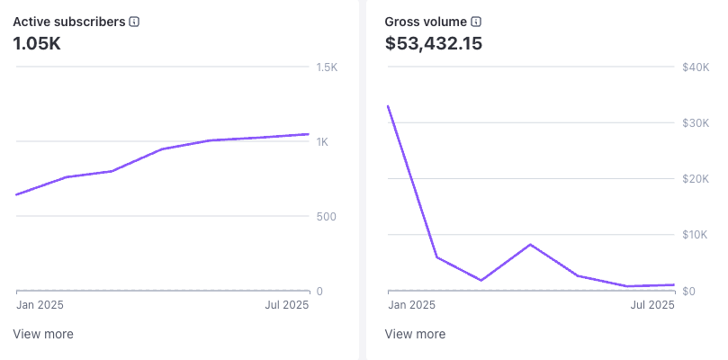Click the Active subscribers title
68,21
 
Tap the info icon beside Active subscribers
134,21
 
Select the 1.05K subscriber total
37,42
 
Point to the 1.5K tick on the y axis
326,67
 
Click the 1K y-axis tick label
322,142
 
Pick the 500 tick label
325,217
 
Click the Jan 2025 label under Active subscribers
40,305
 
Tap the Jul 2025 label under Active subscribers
287,305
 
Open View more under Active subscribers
43,334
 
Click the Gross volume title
426,21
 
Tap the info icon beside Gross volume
477,21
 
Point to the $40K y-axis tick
696,67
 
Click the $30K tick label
696,123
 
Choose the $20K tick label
696,179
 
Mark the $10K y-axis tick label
696,235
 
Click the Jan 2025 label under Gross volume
411,305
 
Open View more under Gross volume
415,334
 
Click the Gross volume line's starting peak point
388,105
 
